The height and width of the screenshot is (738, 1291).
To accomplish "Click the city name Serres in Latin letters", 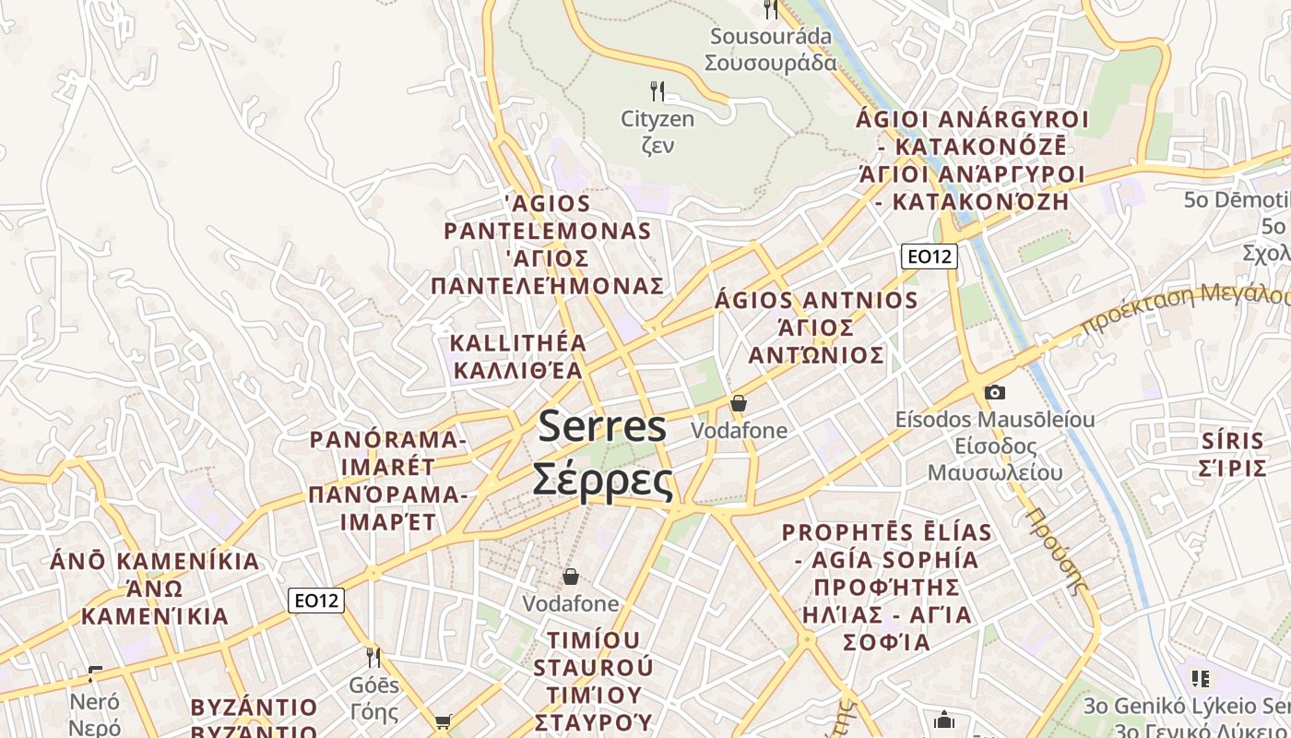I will [x=602, y=426].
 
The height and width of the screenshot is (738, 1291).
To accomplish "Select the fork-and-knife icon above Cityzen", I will [x=657, y=90].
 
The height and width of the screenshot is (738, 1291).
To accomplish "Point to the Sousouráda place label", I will [x=770, y=37].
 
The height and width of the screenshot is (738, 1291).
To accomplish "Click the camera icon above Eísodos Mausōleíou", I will [x=994, y=392].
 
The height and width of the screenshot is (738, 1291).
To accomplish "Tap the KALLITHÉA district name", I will [x=517, y=343].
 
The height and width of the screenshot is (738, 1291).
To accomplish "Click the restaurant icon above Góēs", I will [x=373, y=657].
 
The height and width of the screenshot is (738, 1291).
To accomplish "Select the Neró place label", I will [x=95, y=702].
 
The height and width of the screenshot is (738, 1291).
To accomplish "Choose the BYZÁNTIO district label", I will [x=254, y=708].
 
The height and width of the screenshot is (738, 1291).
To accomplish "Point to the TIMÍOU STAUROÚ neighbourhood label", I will [x=593, y=653].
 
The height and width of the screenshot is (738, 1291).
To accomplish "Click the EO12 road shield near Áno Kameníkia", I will [x=316, y=601].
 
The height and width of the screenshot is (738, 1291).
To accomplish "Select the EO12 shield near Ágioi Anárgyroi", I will [x=929, y=256].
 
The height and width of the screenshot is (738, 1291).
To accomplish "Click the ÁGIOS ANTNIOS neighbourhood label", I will [x=816, y=301].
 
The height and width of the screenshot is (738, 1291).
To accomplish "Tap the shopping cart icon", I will [x=443, y=721].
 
